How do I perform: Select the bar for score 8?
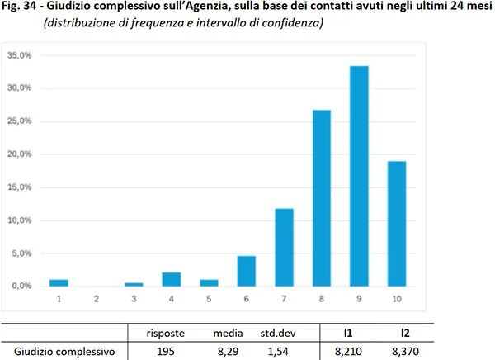coord(321,198)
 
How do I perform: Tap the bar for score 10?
coord(396,224)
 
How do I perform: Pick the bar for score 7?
coord(284,248)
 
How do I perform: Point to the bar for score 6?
coord(246,271)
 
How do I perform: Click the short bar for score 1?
coord(59,282)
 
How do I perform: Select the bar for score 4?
coord(172,279)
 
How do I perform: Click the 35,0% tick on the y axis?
coord(19,55)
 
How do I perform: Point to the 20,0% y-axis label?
coord(19,154)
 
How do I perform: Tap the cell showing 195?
coord(165,351)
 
